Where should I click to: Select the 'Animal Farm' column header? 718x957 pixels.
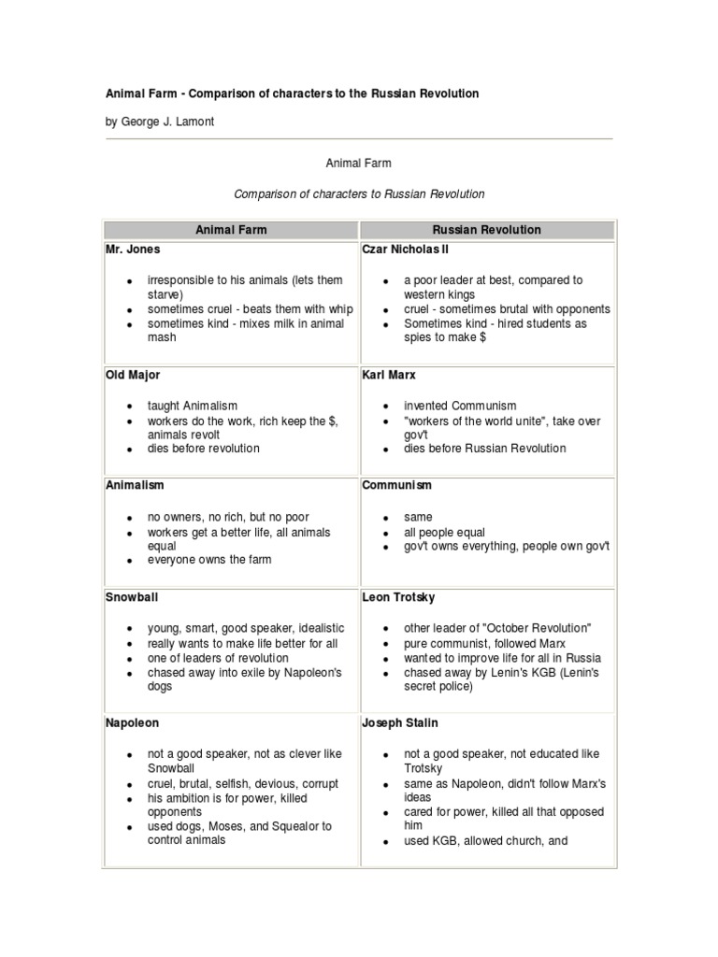tap(230, 230)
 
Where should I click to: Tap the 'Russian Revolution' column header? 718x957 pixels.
tap(486, 230)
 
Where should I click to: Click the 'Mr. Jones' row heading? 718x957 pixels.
tap(133, 250)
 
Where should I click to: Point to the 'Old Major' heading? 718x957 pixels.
tap(133, 375)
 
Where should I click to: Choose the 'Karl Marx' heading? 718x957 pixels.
tap(388, 375)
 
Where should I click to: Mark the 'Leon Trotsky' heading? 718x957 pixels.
tap(398, 597)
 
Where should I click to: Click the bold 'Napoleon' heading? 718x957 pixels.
tap(132, 723)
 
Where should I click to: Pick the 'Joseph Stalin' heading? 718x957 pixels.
tap(400, 723)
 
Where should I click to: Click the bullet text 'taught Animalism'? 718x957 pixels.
tap(193, 407)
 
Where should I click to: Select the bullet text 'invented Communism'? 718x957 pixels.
tap(460, 407)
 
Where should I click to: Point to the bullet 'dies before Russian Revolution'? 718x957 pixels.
tap(484, 449)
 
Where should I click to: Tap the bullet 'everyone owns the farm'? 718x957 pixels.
tap(208, 560)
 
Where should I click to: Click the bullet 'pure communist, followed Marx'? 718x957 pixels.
tap(484, 644)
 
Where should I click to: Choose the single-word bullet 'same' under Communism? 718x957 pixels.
tap(418, 517)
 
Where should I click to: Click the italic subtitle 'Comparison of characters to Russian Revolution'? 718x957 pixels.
tap(359, 194)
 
